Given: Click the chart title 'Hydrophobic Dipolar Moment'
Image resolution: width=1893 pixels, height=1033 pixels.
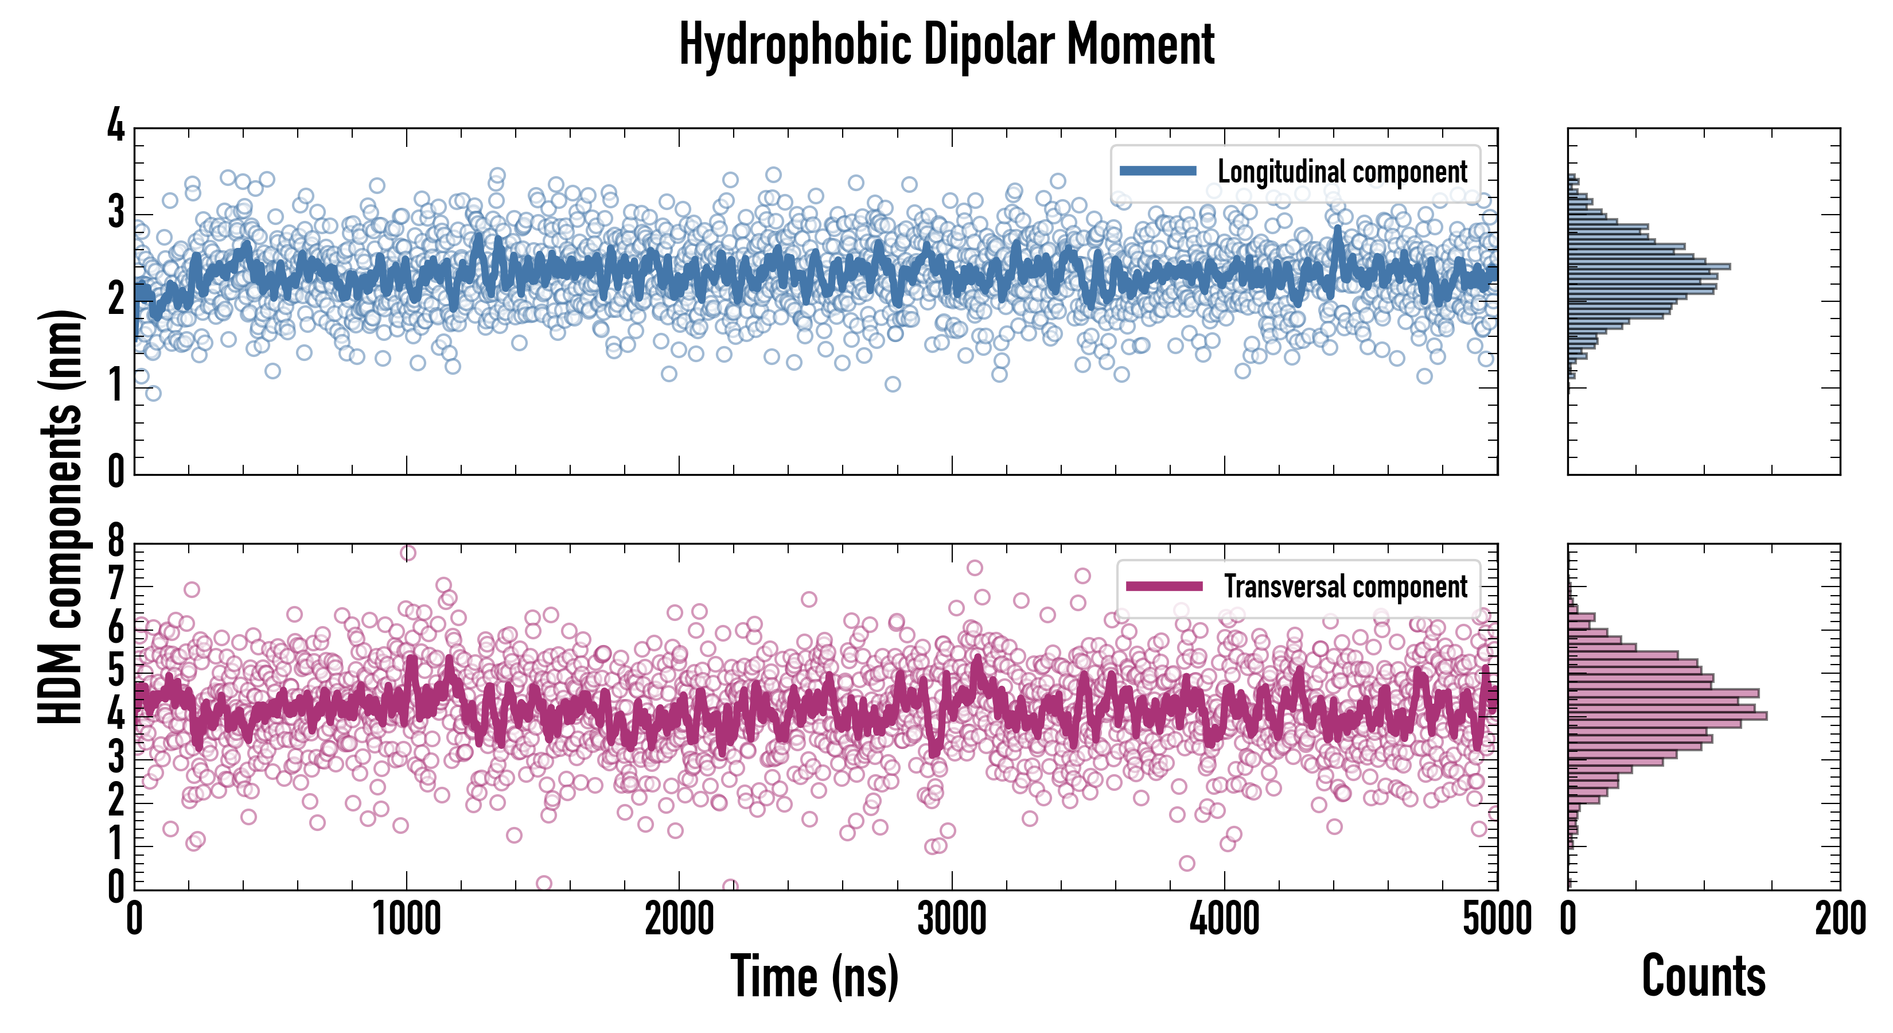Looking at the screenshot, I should pos(946,45).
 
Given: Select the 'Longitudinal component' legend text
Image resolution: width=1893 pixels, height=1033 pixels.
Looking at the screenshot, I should pos(1342,172).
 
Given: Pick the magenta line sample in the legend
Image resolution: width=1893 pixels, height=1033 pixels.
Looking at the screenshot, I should pos(1164,586).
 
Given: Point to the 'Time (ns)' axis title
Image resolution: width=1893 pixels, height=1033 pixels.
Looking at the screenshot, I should pos(814,976).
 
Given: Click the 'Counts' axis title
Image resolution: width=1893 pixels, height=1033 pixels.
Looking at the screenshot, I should pos(1703,976).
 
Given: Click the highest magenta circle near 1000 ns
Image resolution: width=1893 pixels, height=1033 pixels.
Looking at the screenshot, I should pos(408,553).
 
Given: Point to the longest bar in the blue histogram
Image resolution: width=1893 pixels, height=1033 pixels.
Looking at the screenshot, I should pos(1649,266).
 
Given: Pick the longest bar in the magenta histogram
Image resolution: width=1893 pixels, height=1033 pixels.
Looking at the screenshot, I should pos(1666,716).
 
